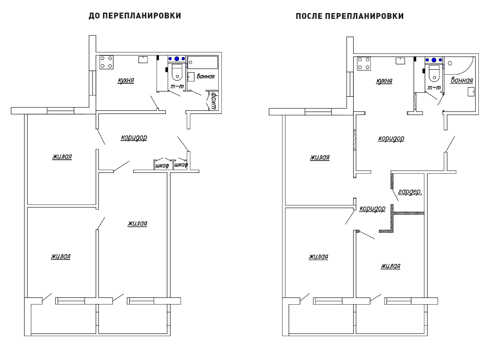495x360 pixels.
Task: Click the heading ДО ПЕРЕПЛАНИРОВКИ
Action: click(x=135, y=16)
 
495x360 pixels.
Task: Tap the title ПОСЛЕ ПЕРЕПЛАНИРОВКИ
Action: click(x=350, y=16)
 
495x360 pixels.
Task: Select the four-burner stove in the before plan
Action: click(x=107, y=62)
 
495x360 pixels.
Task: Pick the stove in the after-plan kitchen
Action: click(x=364, y=63)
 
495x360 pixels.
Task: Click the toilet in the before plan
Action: click(x=177, y=72)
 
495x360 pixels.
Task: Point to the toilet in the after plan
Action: click(x=434, y=73)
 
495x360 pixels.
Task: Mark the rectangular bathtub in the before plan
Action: click(x=202, y=62)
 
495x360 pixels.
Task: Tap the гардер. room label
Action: click(x=410, y=192)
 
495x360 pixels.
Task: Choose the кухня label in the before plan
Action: click(x=126, y=80)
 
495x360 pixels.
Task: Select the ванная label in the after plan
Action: click(x=462, y=80)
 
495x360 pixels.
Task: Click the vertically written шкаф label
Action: click(x=213, y=101)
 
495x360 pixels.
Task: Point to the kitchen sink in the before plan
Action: click(x=143, y=59)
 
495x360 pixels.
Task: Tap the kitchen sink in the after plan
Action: click(x=400, y=61)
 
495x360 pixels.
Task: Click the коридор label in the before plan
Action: click(x=134, y=138)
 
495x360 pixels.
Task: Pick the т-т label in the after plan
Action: click(x=434, y=87)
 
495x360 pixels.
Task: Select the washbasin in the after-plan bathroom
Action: click(x=471, y=92)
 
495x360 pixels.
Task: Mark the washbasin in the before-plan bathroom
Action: click(x=191, y=77)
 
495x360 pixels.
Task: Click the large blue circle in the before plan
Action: click(x=177, y=59)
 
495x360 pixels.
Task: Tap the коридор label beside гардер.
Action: click(x=373, y=208)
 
